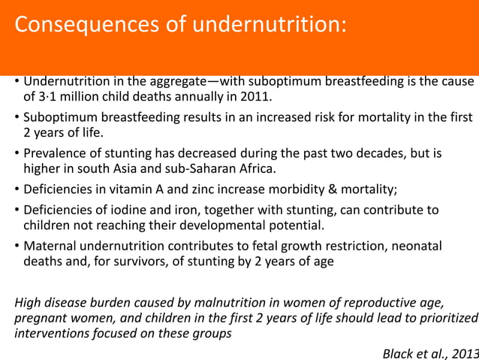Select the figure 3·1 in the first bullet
coord(48,97)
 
